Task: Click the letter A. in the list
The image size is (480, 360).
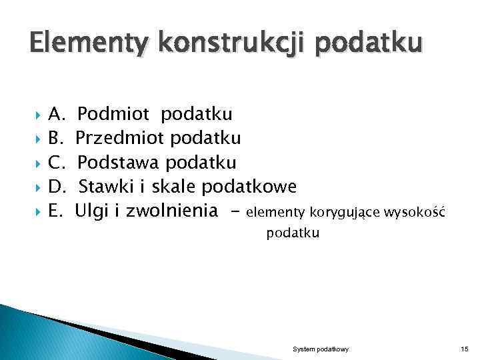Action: [x=57, y=114]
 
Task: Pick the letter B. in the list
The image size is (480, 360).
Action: [x=56, y=138]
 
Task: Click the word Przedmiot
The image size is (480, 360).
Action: [x=121, y=138]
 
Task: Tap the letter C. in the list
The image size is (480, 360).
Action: [x=57, y=163]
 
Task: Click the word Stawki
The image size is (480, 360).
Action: [x=105, y=187]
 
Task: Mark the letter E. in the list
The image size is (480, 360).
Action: [x=56, y=211]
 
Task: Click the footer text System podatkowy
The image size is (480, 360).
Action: [x=321, y=349]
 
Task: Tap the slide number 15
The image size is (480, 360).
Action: [x=464, y=349]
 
